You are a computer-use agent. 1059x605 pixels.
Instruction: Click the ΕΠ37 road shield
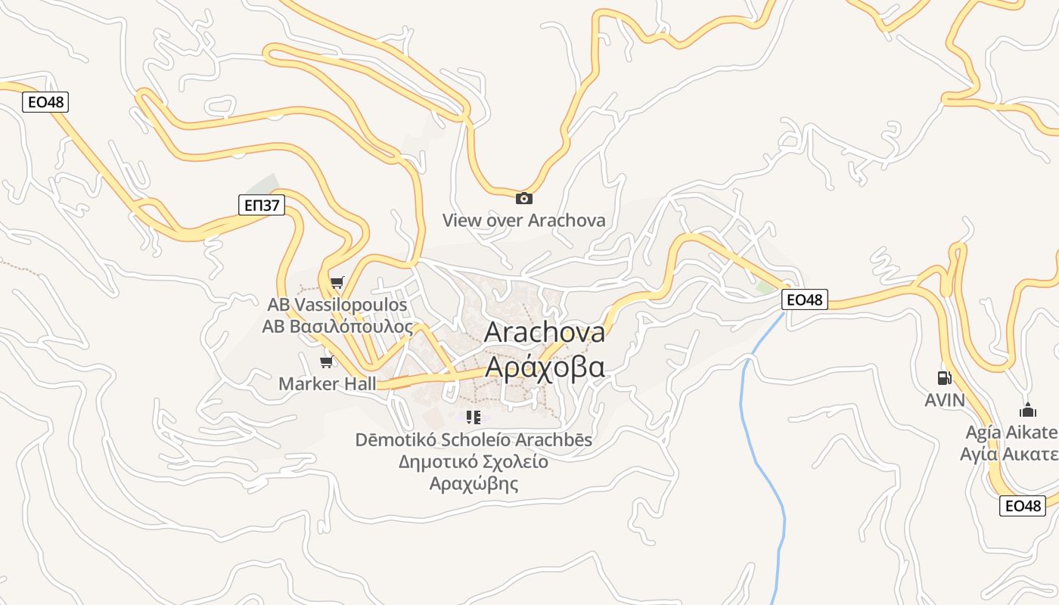tap(262, 205)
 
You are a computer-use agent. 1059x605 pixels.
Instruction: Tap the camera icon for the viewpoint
tap(523, 199)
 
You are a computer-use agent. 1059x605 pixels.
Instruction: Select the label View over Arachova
tap(523, 221)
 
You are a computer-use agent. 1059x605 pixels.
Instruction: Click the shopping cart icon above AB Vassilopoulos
tap(337, 283)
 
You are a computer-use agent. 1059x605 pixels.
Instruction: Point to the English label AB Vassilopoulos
tap(337, 305)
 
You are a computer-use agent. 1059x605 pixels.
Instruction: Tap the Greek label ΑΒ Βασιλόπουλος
tap(337, 327)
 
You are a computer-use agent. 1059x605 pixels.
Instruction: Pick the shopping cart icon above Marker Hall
tap(327, 362)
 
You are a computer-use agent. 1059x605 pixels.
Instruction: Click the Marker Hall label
tap(327, 383)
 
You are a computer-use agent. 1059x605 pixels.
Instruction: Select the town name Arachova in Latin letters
tap(544, 332)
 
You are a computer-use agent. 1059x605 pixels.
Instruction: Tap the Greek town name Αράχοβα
tap(544, 367)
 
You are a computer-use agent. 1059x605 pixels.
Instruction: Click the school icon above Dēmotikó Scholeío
tap(474, 417)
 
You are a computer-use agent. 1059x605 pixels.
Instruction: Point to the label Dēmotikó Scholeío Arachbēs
tap(474, 439)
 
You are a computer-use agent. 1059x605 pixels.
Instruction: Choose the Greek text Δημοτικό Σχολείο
tap(474, 461)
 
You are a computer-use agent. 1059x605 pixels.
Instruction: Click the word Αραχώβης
tap(474, 483)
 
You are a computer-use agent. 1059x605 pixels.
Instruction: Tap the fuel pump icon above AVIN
tap(944, 377)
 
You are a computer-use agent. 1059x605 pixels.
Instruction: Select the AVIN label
tap(945, 400)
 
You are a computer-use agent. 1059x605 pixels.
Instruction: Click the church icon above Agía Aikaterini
tap(1027, 411)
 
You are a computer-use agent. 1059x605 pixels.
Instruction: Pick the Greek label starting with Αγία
tap(1009, 455)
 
